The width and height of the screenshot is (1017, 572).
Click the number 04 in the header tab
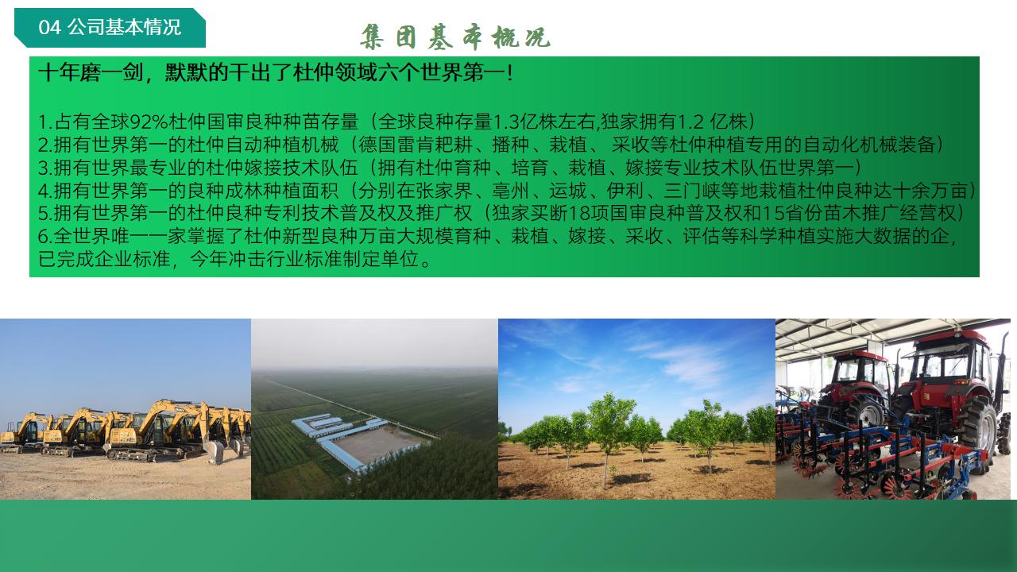(49, 27)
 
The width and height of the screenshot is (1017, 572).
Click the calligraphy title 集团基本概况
(455, 37)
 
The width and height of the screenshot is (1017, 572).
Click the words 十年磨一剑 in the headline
(91, 72)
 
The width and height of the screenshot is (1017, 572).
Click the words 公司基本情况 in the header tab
(125, 27)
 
